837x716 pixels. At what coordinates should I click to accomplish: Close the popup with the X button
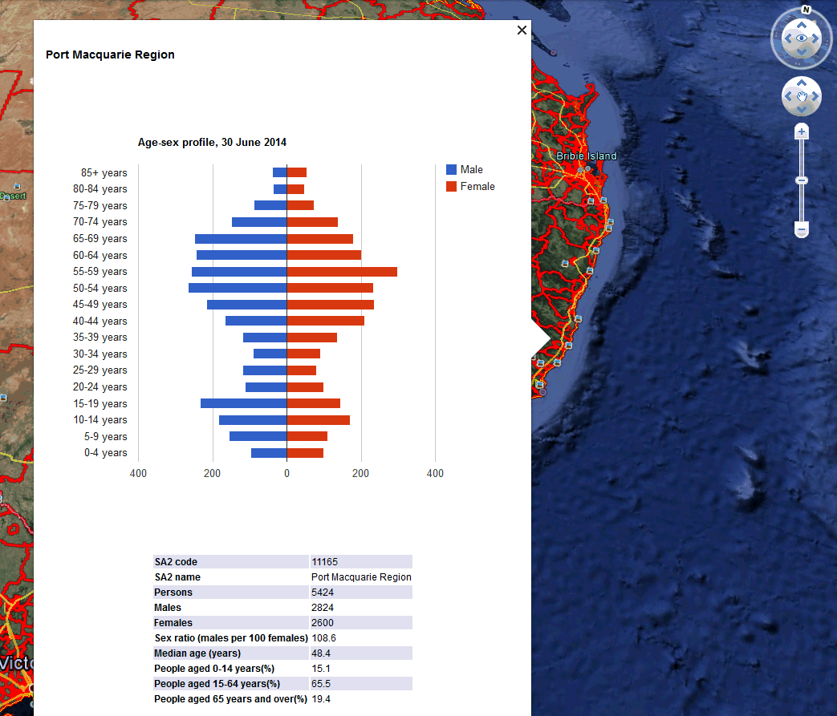(x=522, y=30)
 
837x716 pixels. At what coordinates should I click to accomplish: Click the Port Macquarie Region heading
(x=110, y=55)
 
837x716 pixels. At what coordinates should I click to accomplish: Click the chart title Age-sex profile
(x=212, y=143)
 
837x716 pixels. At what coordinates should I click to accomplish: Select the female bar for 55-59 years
(x=342, y=272)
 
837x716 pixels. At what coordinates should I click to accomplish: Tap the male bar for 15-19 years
(x=243, y=403)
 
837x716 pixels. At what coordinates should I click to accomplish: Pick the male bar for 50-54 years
(x=238, y=288)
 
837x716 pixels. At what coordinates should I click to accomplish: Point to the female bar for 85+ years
(x=297, y=172)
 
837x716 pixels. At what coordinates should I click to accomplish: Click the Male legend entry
(x=465, y=170)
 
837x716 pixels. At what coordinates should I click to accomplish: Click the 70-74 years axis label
(x=100, y=222)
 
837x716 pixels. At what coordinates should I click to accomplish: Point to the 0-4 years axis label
(x=106, y=453)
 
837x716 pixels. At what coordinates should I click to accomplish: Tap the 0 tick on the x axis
(x=286, y=474)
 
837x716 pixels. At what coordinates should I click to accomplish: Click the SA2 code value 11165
(x=325, y=562)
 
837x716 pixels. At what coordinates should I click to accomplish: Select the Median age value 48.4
(x=321, y=653)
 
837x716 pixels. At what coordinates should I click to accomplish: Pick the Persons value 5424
(x=323, y=593)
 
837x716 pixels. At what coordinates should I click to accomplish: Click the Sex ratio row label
(x=230, y=638)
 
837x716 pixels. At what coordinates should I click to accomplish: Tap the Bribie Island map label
(x=587, y=156)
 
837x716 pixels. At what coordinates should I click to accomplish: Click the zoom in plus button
(x=801, y=131)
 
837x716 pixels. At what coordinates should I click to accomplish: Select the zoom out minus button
(x=801, y=230)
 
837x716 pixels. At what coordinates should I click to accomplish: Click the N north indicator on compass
(x=806, y=10)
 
